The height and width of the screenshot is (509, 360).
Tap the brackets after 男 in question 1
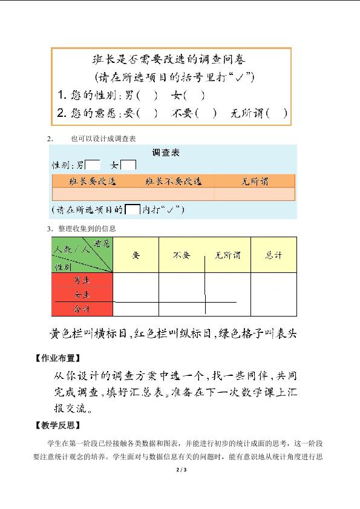point(148,95)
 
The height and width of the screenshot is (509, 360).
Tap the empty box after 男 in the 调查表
point(93,165)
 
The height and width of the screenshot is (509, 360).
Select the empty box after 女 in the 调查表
point(128,165)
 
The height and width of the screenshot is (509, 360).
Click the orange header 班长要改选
point(93,181)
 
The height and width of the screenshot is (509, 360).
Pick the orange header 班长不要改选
point(173,181)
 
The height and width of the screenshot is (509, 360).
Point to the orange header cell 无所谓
point(255,181)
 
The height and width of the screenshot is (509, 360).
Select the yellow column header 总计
point(273,255)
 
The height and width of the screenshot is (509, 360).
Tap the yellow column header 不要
point(182,255)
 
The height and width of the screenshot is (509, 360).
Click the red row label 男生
point(82,281)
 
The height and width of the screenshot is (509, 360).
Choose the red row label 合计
point(82,309)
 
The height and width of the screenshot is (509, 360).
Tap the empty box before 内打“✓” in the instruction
point(133,210)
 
